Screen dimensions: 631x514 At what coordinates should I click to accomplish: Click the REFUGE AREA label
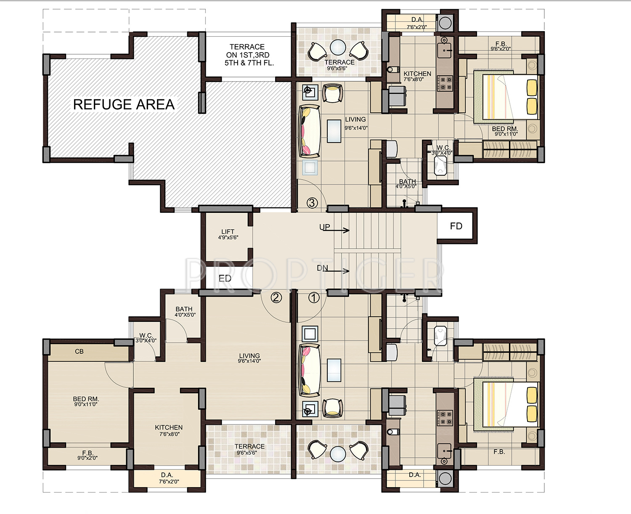point(124,105)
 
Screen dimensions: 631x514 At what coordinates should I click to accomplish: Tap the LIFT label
point(228,231)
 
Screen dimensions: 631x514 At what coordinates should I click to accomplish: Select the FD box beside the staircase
point(456,226)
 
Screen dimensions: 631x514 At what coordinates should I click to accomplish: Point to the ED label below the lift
point(225,278)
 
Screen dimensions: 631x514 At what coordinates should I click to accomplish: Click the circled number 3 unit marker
point(312,203)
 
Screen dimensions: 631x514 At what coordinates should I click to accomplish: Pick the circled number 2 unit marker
point(276,297)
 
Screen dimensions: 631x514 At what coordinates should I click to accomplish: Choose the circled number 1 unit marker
point(314,298)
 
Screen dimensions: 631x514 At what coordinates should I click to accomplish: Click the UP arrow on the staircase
point(336,230)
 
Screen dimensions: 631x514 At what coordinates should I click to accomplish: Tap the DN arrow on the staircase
point(336,270)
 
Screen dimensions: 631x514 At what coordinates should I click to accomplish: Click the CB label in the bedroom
point(79,351)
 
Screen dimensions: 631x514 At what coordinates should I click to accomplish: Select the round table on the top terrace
point(338,48)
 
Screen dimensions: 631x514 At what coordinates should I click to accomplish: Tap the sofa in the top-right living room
point(309,131)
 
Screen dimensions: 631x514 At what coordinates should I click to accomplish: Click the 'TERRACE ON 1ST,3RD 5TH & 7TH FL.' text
point(247,55)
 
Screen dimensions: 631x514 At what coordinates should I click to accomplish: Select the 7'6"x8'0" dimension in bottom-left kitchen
point(169,434)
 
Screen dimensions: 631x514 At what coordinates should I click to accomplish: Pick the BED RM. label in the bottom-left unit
point(86,399)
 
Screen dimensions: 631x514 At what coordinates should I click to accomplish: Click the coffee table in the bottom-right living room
point(334,370)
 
